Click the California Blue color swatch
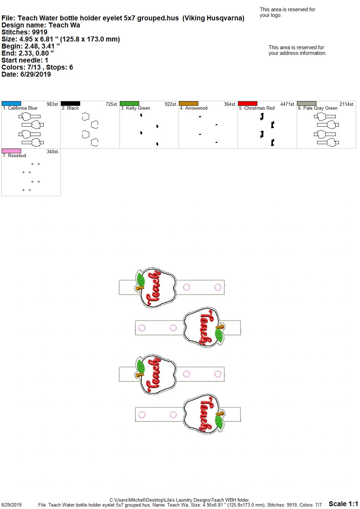coord(11,103)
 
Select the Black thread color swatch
coord(70,103)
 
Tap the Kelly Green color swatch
coord(129,103)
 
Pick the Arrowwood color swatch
coord(189,103)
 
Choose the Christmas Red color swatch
coord(248,103)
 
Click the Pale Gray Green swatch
coord(307,103)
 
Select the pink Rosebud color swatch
coord(11,151)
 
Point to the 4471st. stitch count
coord(288,104)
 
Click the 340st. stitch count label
coord(53,152)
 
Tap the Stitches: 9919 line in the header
coord(24,32)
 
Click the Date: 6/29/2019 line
coord(26,74)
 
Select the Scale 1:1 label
coord(343,504)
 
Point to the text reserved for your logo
coord(288,12)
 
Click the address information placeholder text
coord(297,50)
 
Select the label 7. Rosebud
coord(14,155)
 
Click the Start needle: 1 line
coord(25,60)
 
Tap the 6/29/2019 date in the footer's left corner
coord(11,505)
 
